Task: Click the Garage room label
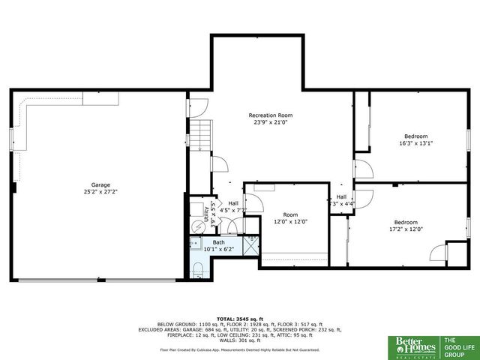point(100,184)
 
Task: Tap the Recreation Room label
point(268,115)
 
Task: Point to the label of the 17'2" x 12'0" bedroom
point(406,222)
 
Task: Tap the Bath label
point(218,242)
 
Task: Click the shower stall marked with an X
point(251,243)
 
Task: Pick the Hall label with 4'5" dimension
point(233,203)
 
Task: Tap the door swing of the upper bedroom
point(361,169)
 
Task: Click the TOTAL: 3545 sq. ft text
point(239,319)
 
